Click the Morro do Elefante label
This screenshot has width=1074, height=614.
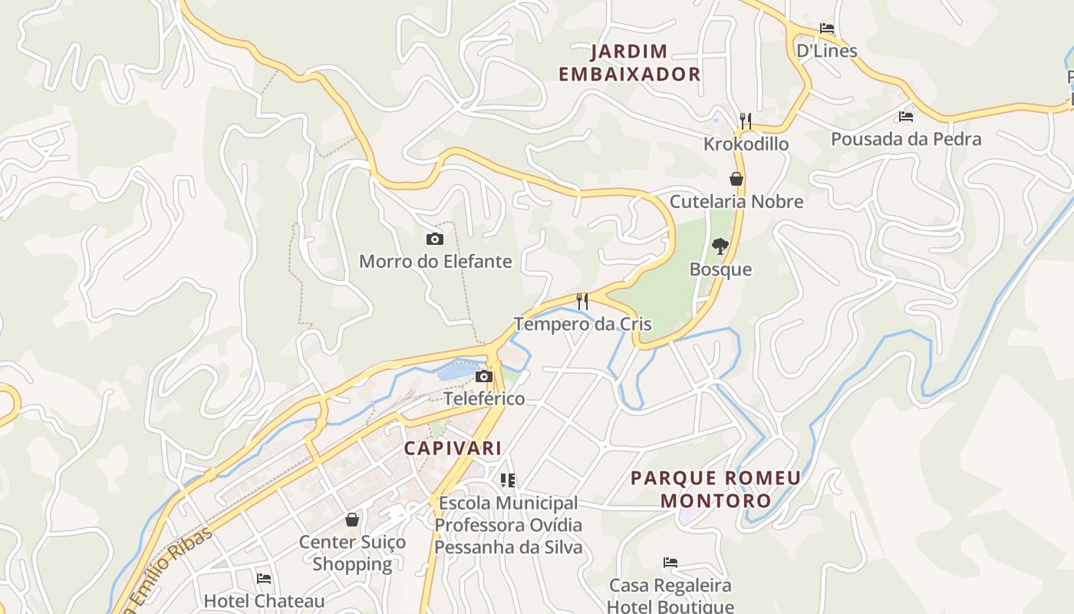point(435,261)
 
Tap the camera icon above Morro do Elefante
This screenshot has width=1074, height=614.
point(435,239)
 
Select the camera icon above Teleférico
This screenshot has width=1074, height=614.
point(483,376)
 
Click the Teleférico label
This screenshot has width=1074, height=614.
point(484,398)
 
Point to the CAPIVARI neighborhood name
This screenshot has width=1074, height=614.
point(453,448)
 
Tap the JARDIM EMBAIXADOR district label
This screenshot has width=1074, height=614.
point(629,63)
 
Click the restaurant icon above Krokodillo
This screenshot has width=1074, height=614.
point(745,120)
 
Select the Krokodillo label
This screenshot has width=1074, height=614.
point(746,144)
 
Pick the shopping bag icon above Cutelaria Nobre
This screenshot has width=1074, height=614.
point(736,179)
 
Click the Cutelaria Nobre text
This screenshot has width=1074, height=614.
point(736,202)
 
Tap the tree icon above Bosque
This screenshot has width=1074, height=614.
point(720,246)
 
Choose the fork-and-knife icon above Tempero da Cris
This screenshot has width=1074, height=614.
point(582,301)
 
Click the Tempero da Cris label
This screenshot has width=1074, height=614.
point(583,324)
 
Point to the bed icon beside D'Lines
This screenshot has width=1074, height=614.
point(826,28)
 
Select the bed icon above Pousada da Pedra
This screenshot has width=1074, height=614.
point(906,117)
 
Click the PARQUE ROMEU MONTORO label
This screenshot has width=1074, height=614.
point(715,489)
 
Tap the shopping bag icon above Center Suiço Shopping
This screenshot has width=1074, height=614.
point(352,520)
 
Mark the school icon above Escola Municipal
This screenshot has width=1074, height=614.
point(508,480)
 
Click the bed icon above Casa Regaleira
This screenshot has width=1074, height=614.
point(670,563)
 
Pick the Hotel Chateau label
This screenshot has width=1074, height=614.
point(264,600)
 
